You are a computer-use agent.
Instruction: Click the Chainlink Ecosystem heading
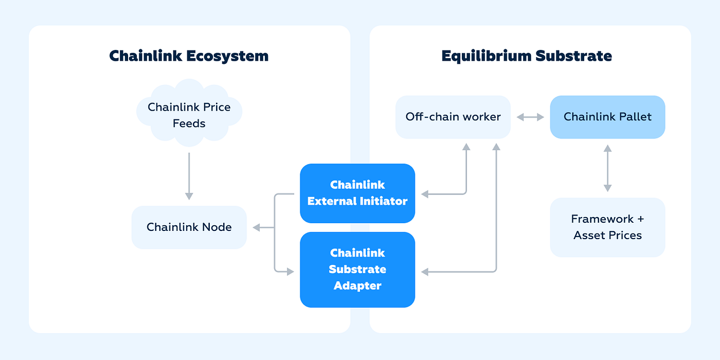coord(189,56)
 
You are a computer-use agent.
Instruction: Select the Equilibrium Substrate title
coord(527,56)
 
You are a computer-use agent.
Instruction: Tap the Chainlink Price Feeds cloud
coord(189,113)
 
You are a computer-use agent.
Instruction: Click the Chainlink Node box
coord(189,227)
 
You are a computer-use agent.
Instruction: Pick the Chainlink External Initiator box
coord(357,193)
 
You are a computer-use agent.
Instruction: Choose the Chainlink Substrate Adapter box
coord(357,269)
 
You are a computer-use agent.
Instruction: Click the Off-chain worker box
coord(453,117)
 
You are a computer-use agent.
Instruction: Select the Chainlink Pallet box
coord(607,117)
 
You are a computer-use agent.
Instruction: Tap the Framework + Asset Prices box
coord(607,227)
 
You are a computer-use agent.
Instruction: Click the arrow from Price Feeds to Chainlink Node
coord(189,176)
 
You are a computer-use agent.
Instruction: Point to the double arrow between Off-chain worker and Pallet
coord(530,117)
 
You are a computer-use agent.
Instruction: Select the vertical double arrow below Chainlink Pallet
coord(607,168)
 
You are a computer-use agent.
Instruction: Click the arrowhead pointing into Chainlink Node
coord(256,227)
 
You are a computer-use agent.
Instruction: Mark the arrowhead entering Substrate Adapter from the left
coord(290,272)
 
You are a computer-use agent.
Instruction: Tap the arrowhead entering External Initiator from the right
coord(425,194)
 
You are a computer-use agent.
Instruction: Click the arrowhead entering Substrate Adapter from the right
coord(425,272)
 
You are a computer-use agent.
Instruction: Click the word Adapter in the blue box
coord(357,286)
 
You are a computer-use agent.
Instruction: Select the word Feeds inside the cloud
coord(189,123)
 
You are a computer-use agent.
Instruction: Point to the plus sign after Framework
coord(641,219)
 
